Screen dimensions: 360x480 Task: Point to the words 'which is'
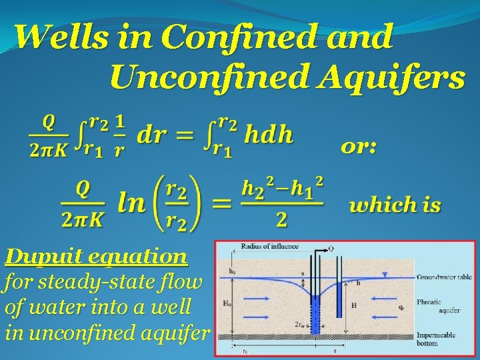click(395, 204)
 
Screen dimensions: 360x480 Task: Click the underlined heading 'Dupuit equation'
click(96, 255)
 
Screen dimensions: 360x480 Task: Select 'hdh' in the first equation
click(267, 135)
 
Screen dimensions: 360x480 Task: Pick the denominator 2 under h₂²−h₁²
click(281, 219)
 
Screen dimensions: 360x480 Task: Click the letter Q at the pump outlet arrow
click(331, 249)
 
